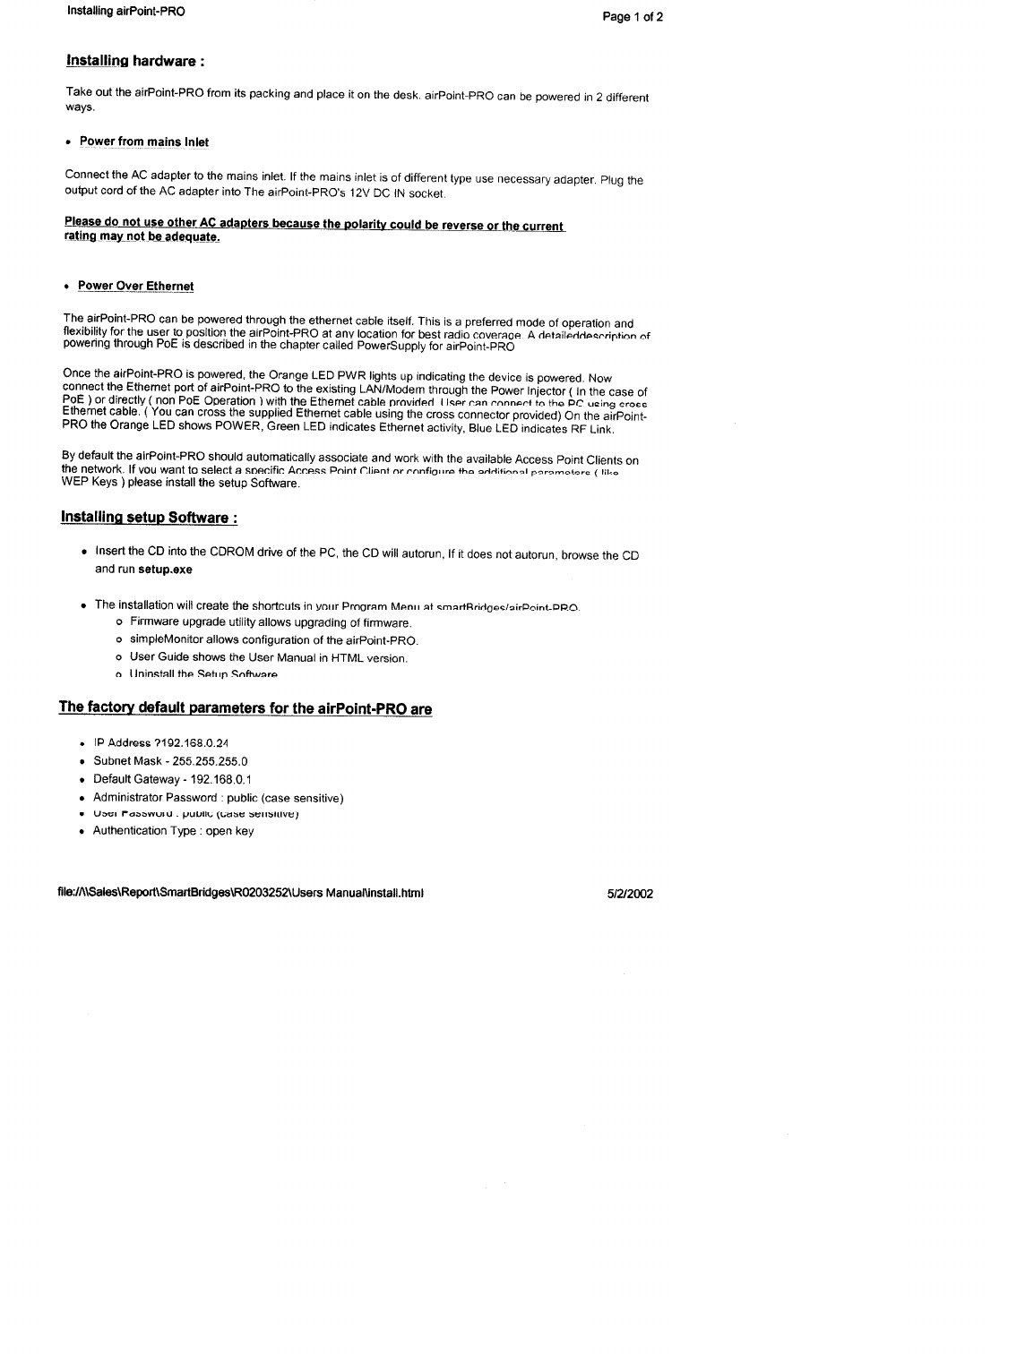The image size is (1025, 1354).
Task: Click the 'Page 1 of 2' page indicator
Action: click(633, 17)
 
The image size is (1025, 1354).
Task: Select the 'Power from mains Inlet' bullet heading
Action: click(144, 141)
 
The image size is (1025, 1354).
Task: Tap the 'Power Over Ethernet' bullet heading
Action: click(135, 286)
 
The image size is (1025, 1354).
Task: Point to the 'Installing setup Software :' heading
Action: click(149, 518)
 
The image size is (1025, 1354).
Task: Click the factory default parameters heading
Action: click(245, 708)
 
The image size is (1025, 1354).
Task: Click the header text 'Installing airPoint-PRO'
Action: click(125, 12)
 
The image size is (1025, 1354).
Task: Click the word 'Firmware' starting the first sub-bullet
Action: click(152, 622)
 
